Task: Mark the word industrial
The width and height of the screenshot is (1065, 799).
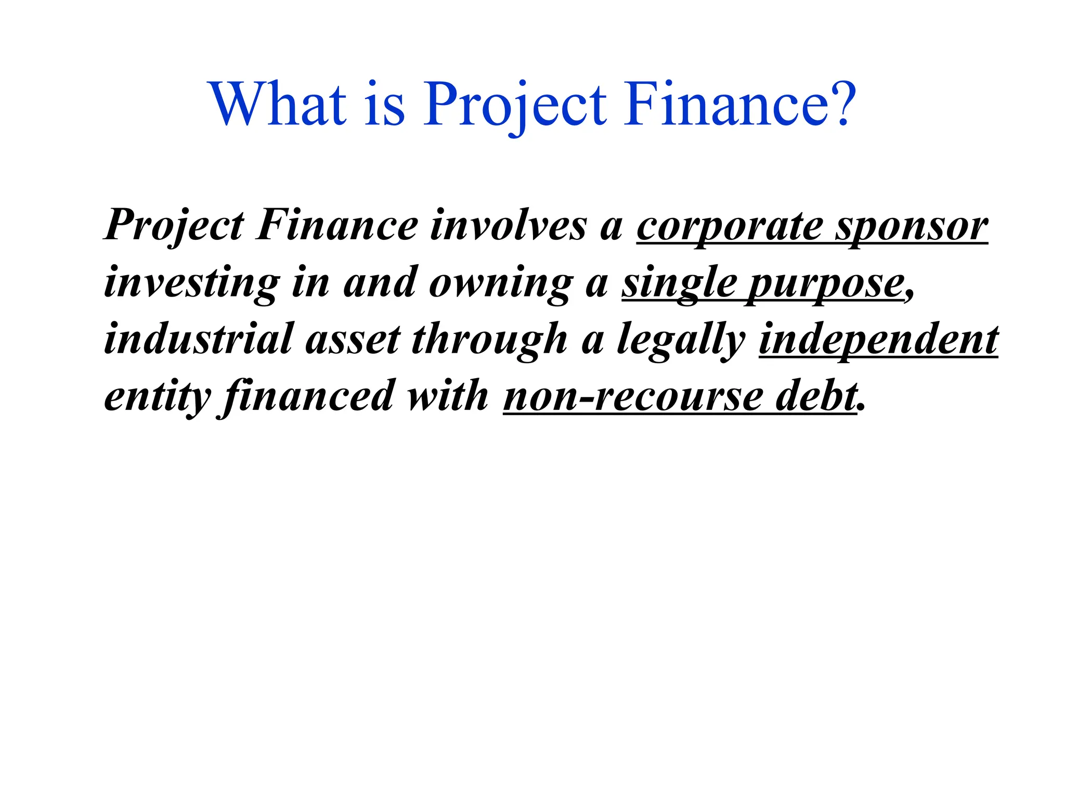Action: (199, 339)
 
